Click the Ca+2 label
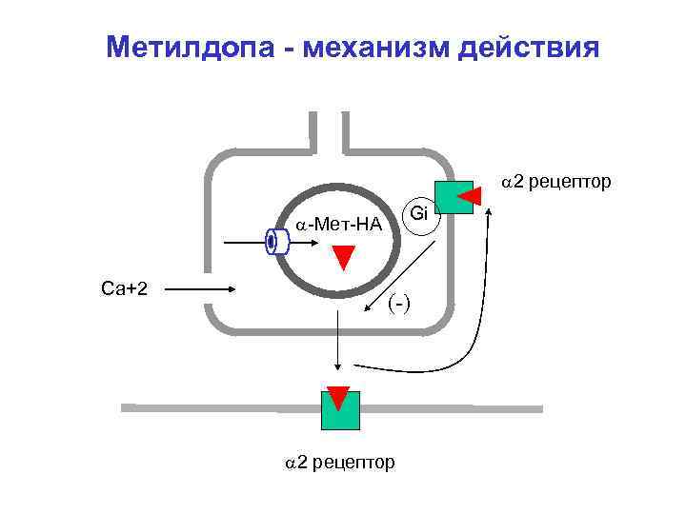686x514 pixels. click(124, 288)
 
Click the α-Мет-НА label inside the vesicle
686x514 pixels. click(338, 226)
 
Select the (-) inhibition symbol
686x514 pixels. click(399, 303)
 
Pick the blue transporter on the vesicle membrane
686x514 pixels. click(276, 242)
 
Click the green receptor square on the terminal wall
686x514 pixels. click(452, 201)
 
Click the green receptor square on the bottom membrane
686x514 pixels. click(340, 409)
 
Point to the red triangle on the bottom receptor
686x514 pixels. click(338, 396)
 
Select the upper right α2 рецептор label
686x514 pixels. click(556, 181)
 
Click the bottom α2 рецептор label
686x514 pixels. click(341, 463)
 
